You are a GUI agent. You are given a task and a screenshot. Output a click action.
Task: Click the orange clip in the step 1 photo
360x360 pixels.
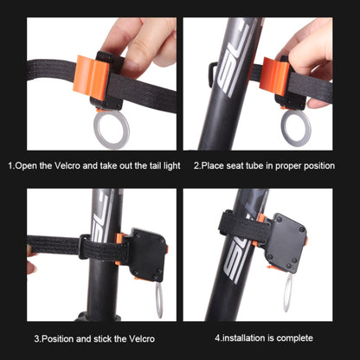point(90,78)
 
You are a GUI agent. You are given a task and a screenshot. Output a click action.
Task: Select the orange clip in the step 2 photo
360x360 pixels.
point(273,76)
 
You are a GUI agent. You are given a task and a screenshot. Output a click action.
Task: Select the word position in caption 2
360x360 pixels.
point(318,166)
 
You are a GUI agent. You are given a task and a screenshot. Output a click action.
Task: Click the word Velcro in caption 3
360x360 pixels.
point(142,338)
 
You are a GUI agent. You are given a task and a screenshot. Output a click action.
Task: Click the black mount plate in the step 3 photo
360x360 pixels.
point(148,254)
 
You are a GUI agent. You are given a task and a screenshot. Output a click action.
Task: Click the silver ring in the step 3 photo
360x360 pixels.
point(157,300)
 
